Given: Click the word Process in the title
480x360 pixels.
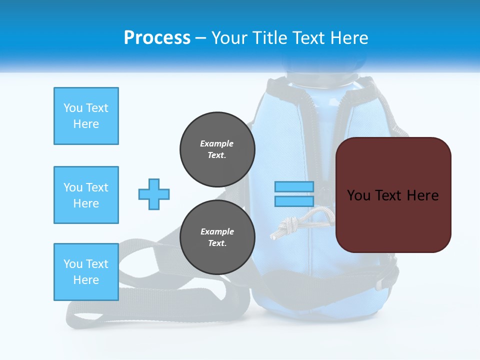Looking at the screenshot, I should [157, 38].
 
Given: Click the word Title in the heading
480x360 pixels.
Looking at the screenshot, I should [269, 38].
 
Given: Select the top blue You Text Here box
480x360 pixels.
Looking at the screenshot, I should [86, 116].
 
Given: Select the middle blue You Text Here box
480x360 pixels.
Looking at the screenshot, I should [86, 195].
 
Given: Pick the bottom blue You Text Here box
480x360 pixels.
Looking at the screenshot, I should [86, 272].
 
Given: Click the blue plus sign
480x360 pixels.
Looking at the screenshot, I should [154, 194].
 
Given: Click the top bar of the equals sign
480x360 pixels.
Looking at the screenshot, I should [294, 186].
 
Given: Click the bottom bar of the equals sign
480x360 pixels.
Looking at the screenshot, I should [294, 201].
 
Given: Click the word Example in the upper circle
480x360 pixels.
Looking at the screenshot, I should [217, 143].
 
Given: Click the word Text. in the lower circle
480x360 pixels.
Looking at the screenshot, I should [217, 243].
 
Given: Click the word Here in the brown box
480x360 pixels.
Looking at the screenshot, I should [422, 195].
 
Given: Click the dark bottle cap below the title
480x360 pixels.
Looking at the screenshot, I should [320, 75].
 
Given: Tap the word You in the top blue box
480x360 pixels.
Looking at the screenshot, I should [72, 108].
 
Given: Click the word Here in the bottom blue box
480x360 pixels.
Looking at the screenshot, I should [86, 280].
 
